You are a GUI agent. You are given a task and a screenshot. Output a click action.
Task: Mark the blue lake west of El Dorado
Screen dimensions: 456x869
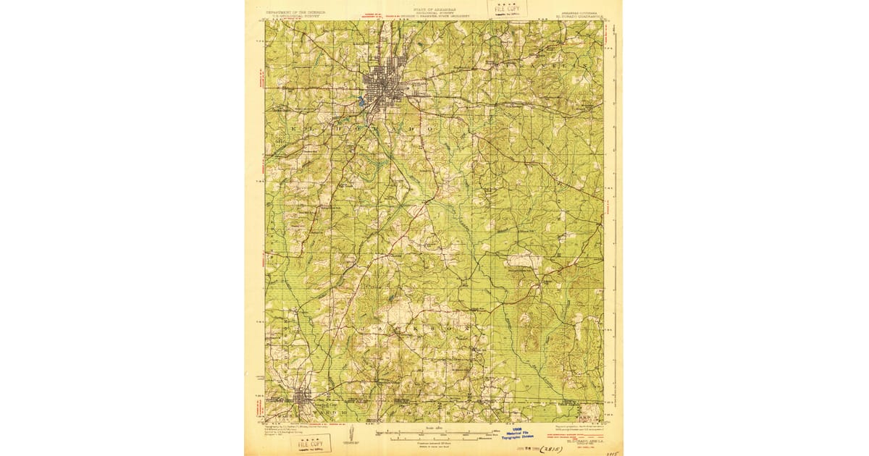coord(360,103)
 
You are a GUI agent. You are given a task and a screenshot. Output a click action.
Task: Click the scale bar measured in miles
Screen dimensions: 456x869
coord(433,432)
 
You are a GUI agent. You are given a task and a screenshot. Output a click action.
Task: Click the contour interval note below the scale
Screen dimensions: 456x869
coord(433,444)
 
